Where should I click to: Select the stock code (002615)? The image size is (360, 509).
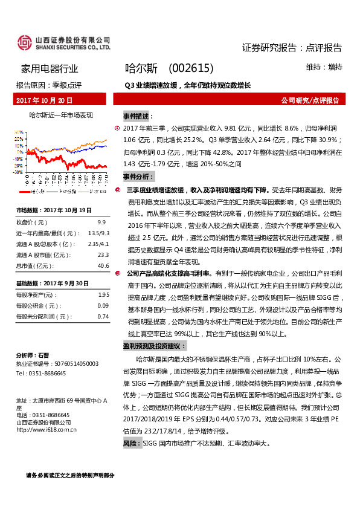(191, 69)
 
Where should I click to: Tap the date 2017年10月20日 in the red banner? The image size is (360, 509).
(45, 100)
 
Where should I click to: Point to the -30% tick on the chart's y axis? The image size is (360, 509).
(21, 172)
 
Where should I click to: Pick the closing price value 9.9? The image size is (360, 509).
(101, 222)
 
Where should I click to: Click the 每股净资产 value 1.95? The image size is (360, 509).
(103, 294)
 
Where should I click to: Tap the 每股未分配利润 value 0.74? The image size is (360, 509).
(103, 316)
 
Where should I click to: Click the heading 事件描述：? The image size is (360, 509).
(138, 115)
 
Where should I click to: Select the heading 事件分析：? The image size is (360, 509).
(138, 177)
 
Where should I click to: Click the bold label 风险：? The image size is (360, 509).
(131, 444)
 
